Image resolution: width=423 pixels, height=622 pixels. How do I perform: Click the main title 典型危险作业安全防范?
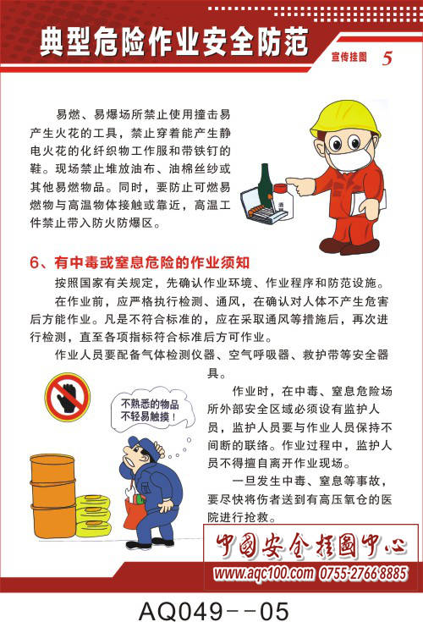click(x=174, y=42)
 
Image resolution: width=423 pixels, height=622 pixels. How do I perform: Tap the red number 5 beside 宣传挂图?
click(x=387, y=58)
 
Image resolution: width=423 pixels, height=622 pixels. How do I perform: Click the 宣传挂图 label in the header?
click(x=349, y=58)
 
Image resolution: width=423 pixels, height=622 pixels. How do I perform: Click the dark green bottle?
click(x=265, y=186)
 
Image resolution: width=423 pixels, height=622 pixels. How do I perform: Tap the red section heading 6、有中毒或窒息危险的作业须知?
click(x=140, y=262)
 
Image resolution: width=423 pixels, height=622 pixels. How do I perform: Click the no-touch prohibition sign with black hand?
click(x=68, y=397)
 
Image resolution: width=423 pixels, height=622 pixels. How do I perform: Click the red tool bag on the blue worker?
click(x=134, y=514)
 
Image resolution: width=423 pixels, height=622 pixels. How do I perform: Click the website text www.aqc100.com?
click(x=263, y=573)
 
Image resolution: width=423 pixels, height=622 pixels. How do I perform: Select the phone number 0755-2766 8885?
click(x=363, y=573)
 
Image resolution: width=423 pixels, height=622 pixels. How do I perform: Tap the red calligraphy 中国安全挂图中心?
click(x=310, y=545)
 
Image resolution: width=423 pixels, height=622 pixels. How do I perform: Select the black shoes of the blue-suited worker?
click(x=150, y=542)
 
